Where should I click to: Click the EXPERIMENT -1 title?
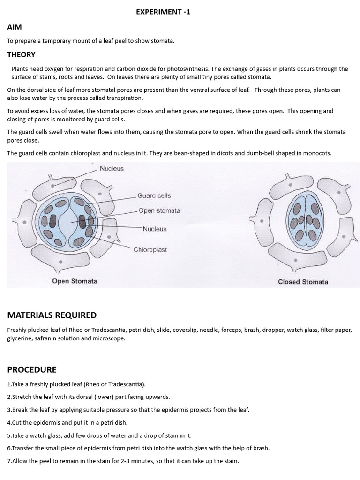[x=163, y=12]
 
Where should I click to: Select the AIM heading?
[x=15, y=27]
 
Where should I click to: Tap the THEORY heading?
[x=21, y=54]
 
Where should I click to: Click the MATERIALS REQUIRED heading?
[x=52, y=315]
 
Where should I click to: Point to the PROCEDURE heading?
[x=32, y=369]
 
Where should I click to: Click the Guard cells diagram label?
[x=154, y=195]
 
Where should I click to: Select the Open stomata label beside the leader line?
[x=159, y=210]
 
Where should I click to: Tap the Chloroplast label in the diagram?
[x=150, y=250]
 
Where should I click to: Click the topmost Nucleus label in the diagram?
[x=112, y=168]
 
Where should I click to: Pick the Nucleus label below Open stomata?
[x=155, y=229]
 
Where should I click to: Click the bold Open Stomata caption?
[x=75, y=281]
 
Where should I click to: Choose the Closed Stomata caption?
[x=303, y=282]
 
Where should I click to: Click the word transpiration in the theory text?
[x=125, y=98]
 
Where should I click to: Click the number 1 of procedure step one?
[x=9, y=384]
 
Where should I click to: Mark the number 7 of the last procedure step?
[x=9, y=461]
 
